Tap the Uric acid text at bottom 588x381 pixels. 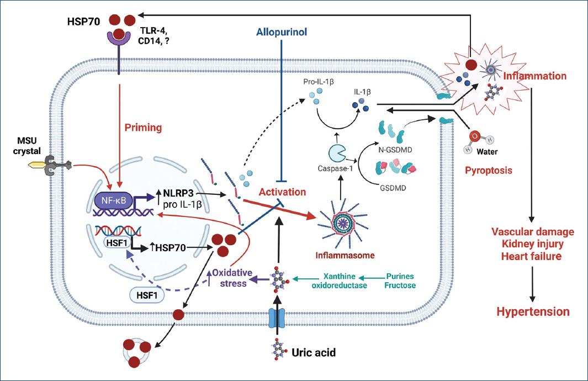click(314, 351)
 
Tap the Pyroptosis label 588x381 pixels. click(488, 171)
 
